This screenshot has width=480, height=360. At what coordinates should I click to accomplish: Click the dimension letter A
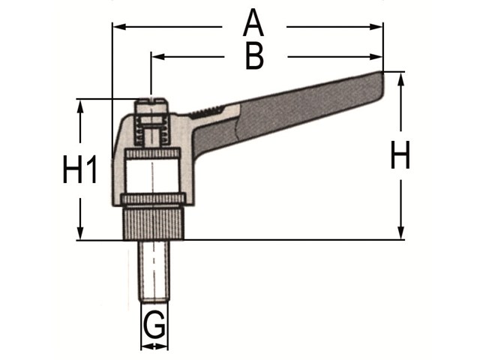(253, 22)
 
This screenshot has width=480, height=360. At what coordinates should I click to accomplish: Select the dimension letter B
(254, 57)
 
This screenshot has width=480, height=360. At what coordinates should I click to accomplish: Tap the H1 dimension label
(79, 169)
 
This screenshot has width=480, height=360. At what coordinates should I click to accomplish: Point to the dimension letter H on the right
(400, 155)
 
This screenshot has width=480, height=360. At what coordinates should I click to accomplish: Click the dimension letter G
(154, 325)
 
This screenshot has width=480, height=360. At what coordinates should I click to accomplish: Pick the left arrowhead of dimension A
(119, 27)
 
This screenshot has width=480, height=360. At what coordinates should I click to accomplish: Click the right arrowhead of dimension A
(376, 27)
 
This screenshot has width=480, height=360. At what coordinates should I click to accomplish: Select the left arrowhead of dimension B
(158, 57)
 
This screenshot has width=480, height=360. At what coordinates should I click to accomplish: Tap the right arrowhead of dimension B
(376, 57)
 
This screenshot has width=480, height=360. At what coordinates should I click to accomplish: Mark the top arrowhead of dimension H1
(80, 106)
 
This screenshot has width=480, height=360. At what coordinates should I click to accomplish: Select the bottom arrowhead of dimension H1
(80, 233)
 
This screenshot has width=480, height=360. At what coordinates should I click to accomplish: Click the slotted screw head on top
(151, 106)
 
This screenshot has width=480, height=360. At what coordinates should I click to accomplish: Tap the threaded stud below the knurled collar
(154, 271)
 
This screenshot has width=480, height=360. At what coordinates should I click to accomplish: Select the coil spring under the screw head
(151, 131)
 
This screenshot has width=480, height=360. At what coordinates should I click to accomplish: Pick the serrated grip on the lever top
(207, 112)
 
